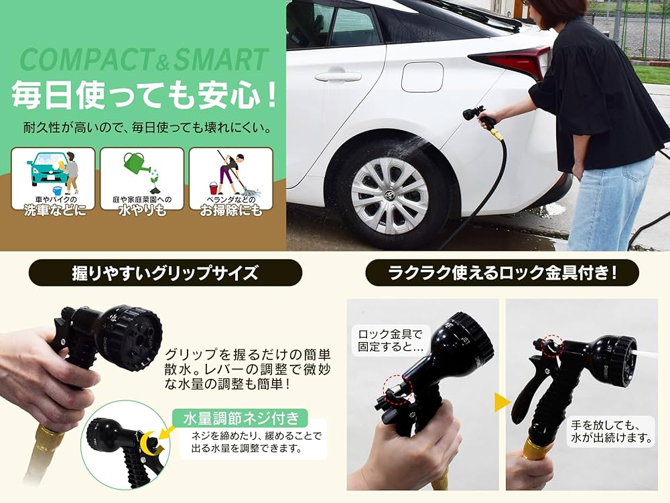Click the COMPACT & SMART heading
point(144,60)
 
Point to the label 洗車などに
point(53,211)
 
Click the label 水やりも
point(142,211)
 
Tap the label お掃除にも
point(230,211)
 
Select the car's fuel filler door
point(422,77)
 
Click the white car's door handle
point(338,76)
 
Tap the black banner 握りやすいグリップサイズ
point(165,273)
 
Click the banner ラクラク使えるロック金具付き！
point(502,273)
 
